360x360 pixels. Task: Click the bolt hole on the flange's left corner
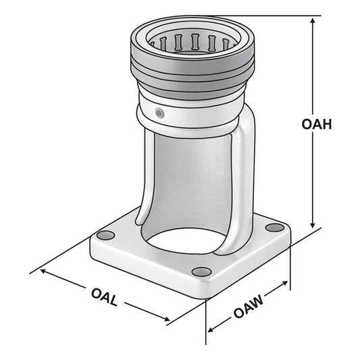pyautogui.click(x=104, y=235)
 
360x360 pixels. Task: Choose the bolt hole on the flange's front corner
pyautogui.click(x=201, y=272)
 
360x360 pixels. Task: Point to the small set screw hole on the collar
pyautogui.click(x=159, y=111)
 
